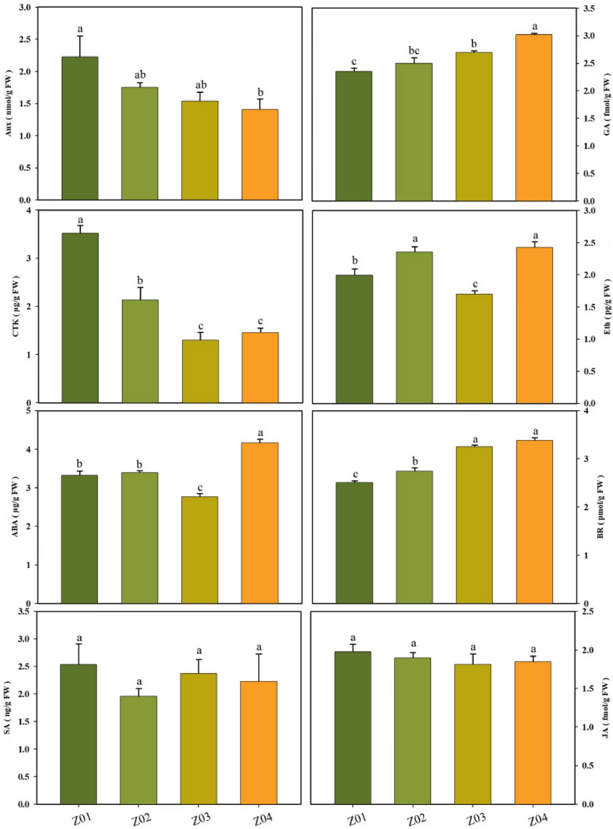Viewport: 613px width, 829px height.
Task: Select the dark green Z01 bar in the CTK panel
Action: [80, 318]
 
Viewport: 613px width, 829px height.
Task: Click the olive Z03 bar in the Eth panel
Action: [474, 348]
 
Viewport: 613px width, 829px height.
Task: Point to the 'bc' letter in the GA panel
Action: [414, 51]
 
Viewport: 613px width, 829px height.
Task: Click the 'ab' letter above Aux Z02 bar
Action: [140, 75]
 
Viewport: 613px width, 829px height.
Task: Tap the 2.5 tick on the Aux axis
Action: [28, 39]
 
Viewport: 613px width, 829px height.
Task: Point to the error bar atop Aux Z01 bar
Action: [80, 46]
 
